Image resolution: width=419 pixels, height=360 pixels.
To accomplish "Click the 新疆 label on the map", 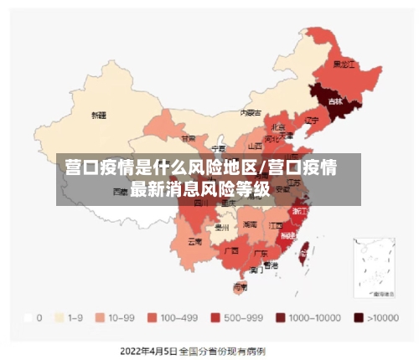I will tap(99, 115).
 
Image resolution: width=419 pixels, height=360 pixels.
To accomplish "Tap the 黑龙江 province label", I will tap(344, 64).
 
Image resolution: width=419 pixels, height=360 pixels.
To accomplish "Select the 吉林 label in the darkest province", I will tap(335, 101).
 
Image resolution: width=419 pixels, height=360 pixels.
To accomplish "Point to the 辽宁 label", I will tap(312, 121).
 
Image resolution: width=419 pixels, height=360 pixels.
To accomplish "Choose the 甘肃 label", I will tap(189, 138).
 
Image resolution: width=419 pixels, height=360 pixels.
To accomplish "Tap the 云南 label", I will tap(194, 241).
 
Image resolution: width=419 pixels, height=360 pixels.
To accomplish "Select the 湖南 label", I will tap(250, 224).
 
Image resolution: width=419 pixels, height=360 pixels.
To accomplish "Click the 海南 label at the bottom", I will tap(240, 286).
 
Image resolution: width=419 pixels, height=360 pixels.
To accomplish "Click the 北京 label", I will tap(278, 127).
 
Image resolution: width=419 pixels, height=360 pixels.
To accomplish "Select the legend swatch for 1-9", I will tap(59, 318).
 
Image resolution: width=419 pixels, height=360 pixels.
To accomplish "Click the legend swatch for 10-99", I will tap(100, 318).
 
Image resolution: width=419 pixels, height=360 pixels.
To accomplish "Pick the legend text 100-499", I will tap(178, 318).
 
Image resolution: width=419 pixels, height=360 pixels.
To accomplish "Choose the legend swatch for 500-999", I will tap(215, 318).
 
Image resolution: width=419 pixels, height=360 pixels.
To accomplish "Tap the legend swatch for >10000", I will tap(359, 318).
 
